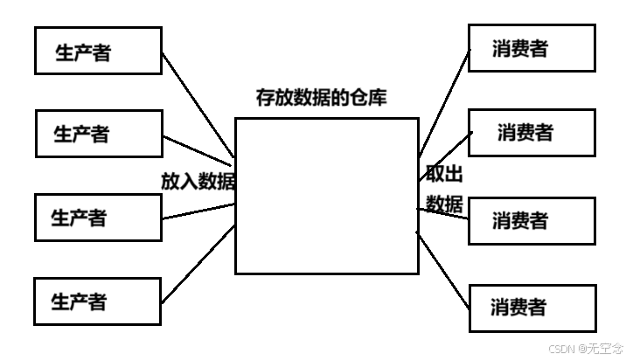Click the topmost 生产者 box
(x=98, y=51)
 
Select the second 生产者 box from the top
(x=99, y=134)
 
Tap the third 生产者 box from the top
(x=98, y=217)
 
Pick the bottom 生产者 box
(x=98, y=301)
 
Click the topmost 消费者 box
(x=532, y=48)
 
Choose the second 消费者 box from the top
(x=532, y=133)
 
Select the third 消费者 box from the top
(x=532, y=219)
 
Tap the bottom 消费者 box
(x=532, y=308)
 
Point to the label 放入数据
(x=198, y=181)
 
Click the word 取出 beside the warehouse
(x=439, y=173)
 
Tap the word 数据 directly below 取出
(x=444, y=204)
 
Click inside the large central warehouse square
(x=326, y=197)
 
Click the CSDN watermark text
(x=584, y=348)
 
